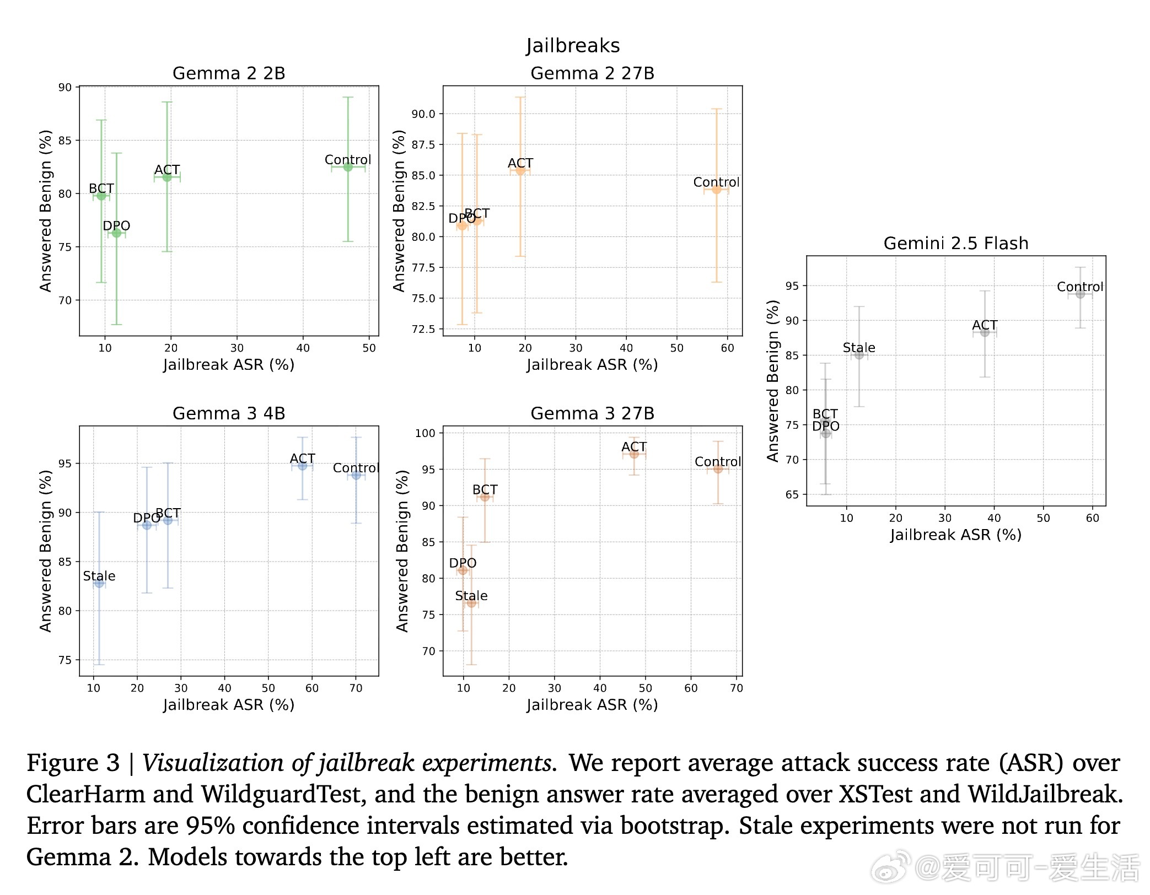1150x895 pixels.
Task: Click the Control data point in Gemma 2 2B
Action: pos(348,167)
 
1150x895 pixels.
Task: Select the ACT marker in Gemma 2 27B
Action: pos(520,171)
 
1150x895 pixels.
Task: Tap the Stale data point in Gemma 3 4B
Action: pos(99,583)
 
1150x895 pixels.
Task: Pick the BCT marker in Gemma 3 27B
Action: pos(485,497)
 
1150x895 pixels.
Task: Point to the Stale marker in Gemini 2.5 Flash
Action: pos(859,355)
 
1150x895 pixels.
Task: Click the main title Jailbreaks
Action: pos(573,46)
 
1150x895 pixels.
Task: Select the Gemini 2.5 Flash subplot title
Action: pos(956,243)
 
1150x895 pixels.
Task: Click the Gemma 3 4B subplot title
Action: pos(229,413)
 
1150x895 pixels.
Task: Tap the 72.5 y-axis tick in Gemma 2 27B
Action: pos(423,329)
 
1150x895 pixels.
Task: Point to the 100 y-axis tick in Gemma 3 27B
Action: pos(425,433)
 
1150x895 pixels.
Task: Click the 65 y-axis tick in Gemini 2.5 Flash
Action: pos(792,494)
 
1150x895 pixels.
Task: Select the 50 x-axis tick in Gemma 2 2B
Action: pos(369,348)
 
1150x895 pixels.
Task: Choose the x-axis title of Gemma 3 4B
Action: pos(229,705)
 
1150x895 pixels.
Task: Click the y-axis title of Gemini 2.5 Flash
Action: pos(773,381)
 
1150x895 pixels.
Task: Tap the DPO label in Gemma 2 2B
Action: pos(116,226)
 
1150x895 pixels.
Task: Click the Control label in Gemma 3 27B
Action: pos(718,462)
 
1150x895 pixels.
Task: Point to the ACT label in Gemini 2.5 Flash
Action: pos(985,325)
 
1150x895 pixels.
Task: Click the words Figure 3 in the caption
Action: pos(73,763)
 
